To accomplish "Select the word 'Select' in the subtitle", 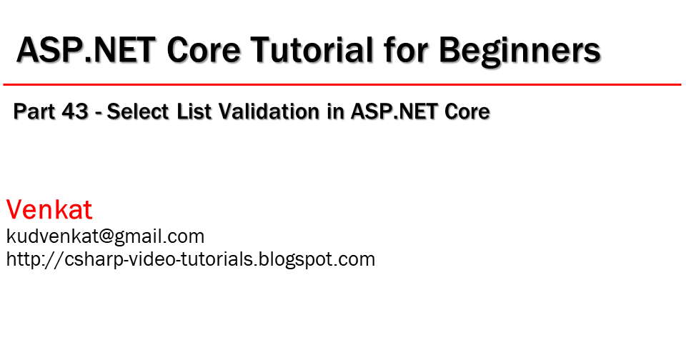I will pyautogui.click(x=140, y=111).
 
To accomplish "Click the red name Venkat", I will pyautogui.click(x=49, y=210).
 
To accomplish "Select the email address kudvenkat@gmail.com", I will pyautogui.click(x=105, y=236).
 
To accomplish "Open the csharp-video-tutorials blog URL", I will pyautogui.click(x=190, y=259).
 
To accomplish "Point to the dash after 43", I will pyautogui.click(x=99, y=113).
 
